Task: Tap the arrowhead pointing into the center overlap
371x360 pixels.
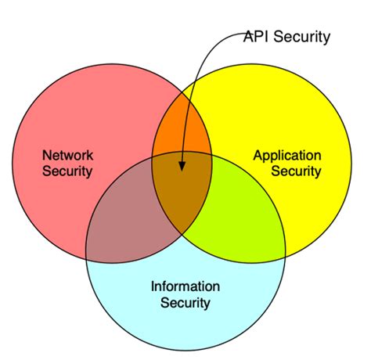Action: coord(182,165)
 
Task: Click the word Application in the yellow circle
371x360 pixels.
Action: coord(286,155)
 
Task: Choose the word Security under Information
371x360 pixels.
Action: coord(185,302)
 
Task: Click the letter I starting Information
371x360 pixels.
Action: coord(153,286)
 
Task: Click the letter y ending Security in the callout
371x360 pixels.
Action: coord(326,38)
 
